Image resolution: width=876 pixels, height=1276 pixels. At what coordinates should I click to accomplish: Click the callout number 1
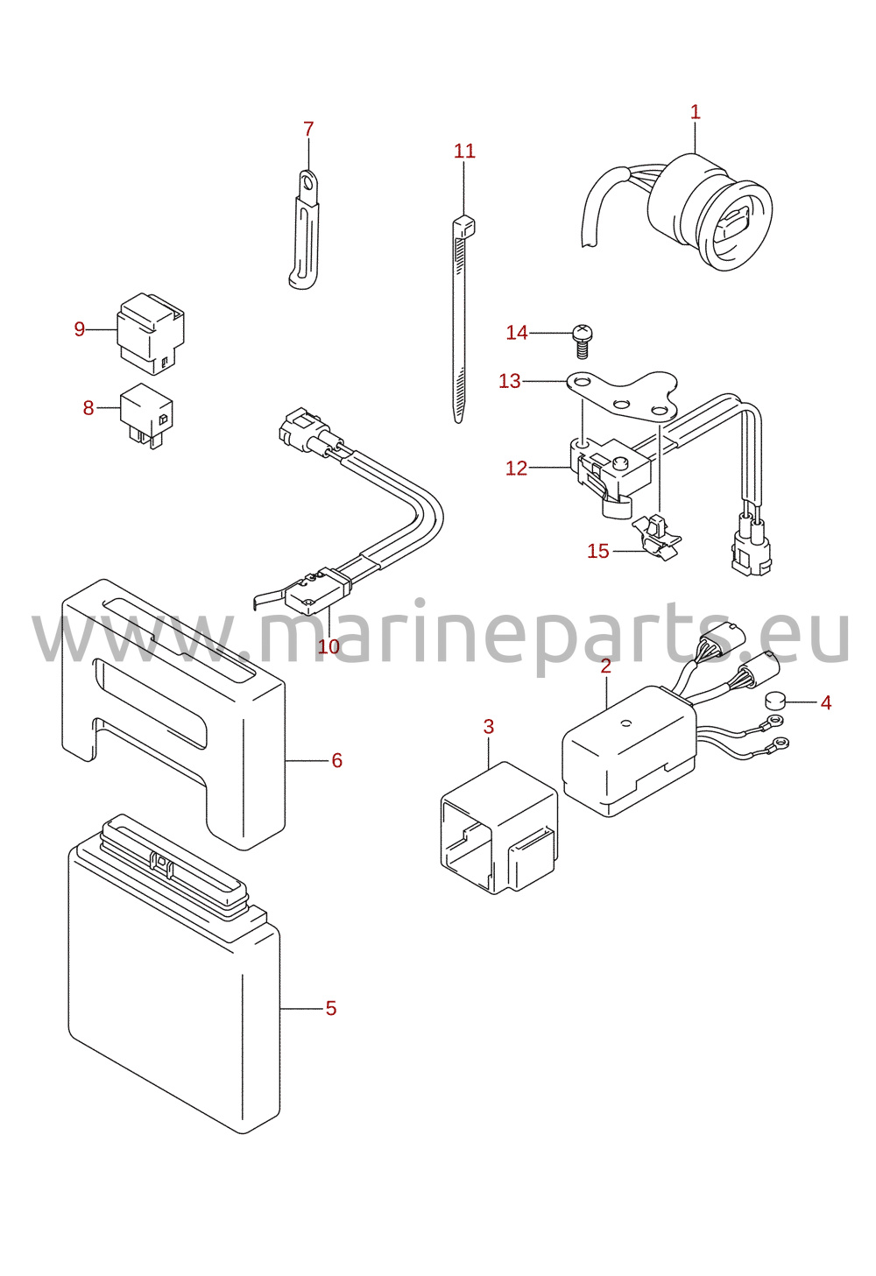point(695,112)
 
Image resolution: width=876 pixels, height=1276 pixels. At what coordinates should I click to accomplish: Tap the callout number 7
point(308,130)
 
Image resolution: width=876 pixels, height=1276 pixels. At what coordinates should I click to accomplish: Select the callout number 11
point(464,151)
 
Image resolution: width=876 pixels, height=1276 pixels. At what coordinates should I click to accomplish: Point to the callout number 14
point(517,333)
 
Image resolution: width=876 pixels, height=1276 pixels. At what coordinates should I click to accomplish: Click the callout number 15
point(598,551)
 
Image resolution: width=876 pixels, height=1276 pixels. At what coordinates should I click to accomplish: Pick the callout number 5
point(331,1008)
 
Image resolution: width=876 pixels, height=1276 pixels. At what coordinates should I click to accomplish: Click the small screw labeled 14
point(582,341)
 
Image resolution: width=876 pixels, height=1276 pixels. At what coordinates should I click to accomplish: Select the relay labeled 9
point(151,334)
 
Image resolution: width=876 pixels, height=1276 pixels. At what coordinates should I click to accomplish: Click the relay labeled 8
point(146,415)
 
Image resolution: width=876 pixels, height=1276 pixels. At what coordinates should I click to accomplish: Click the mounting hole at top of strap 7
point(307,183)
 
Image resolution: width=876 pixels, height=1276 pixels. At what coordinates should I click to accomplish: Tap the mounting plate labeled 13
point(622,396)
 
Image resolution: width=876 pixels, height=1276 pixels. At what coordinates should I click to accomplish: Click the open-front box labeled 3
point(499,827)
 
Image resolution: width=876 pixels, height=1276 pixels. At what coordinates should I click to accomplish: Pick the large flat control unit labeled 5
point(173,974)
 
